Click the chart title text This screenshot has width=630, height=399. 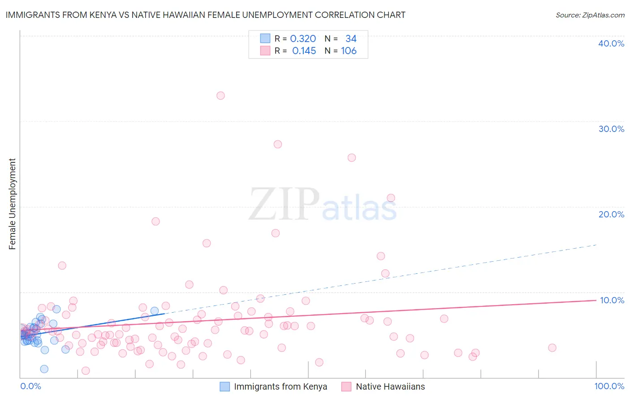click(205, 15)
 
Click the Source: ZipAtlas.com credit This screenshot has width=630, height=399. click(590, 15)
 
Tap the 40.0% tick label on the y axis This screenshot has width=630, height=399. click(611, 43)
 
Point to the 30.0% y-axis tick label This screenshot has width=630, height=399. click(611, 129)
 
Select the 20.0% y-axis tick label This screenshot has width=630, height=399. click(611, 214)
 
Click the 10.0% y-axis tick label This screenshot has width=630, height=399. click(612, 300)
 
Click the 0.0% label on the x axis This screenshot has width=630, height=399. click(30, 386)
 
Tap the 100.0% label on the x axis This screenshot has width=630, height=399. click(609, 386)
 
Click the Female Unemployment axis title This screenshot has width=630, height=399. click(12, 204)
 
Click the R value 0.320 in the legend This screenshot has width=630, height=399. click(303, 39)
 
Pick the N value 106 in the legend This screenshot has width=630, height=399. click(349, 51)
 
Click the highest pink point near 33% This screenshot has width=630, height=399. click(220, 96)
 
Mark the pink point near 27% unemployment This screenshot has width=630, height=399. click(278, 144)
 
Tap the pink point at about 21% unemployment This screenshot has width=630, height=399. click(391, 198)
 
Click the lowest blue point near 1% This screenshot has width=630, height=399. click(44, 369)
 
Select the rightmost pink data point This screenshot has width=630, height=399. click(552, 348)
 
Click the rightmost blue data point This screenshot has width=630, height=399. click(155, 311)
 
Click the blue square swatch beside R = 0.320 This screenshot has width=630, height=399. click(265, 38)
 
